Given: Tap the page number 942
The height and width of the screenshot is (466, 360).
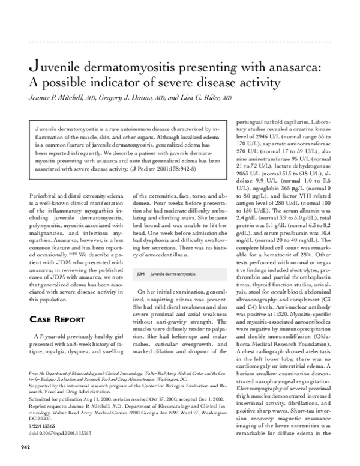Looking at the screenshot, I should pos(26,446).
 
